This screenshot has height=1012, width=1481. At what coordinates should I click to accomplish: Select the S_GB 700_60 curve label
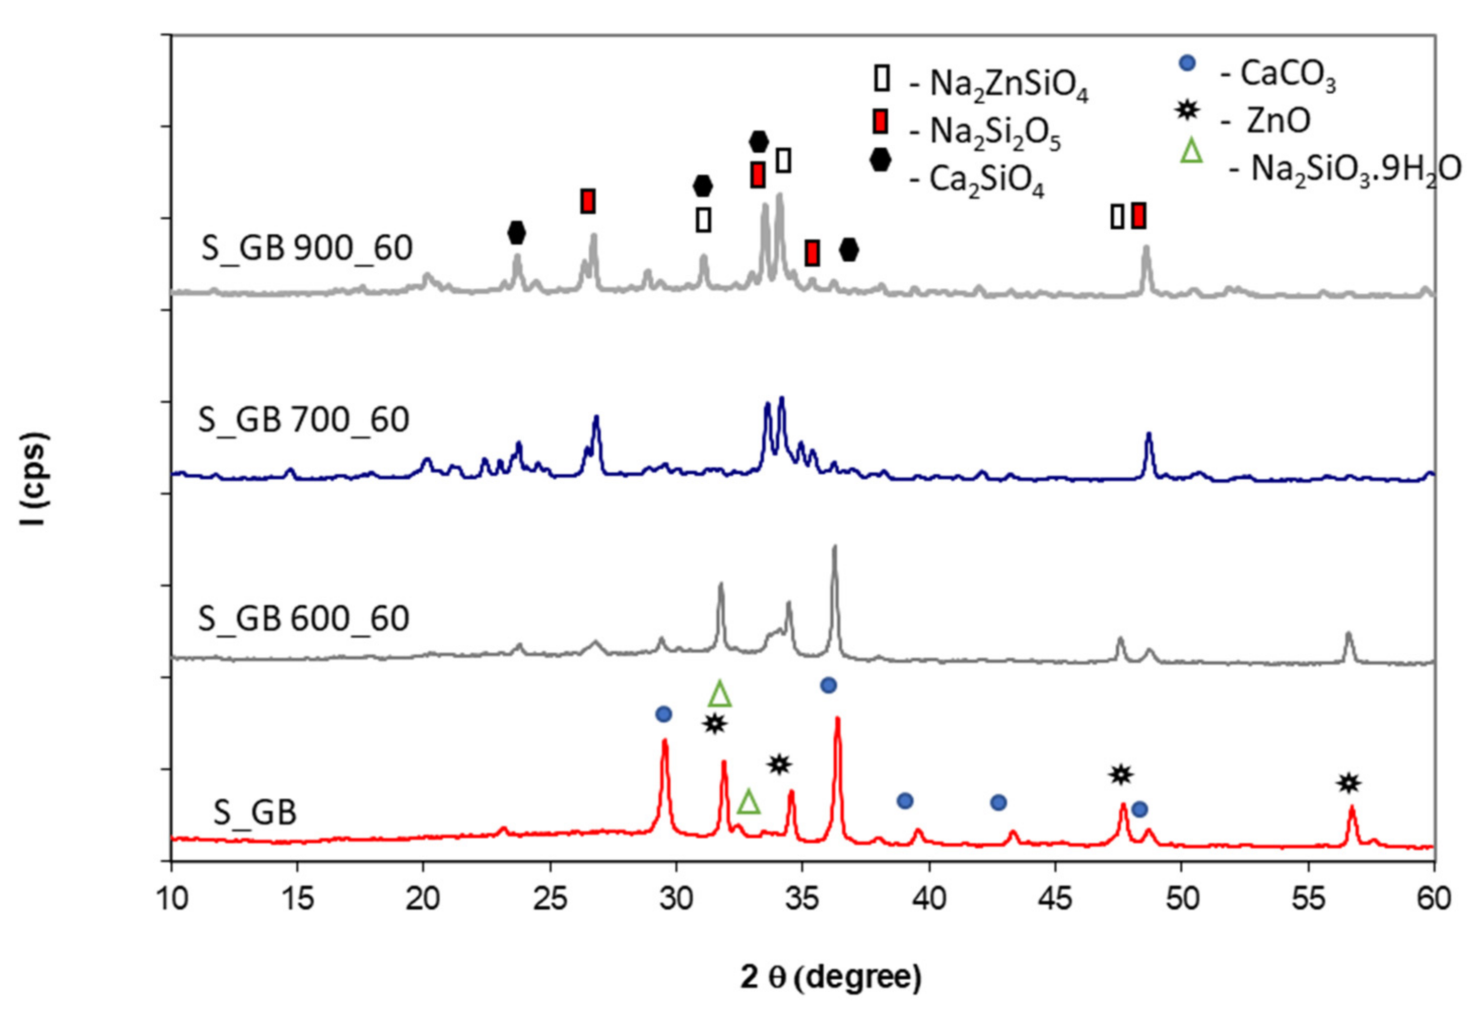pos(303,420)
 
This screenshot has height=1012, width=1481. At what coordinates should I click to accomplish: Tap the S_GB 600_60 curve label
pos(303,618)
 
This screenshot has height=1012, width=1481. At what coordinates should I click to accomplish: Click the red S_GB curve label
pos(255,813)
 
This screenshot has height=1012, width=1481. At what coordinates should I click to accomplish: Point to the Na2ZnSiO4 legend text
pos(1009,86)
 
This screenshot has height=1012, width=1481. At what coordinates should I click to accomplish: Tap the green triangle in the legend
pos(1191,152)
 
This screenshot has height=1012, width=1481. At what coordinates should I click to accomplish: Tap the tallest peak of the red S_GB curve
pos(837,719)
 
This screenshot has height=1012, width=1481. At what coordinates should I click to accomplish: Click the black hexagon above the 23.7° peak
pos(517,233)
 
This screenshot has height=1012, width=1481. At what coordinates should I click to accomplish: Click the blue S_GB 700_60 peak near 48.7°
pos(1149,435)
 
